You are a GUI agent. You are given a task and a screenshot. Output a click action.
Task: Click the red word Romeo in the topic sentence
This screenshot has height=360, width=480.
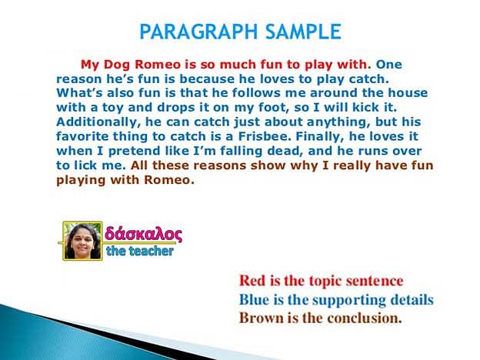(158, 65)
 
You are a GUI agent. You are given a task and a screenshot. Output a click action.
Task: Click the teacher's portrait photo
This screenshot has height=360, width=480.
(82, 241)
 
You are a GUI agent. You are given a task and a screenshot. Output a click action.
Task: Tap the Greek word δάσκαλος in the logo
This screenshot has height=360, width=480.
(143, 234)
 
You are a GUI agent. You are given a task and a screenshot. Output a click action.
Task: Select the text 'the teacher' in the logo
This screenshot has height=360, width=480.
(140, 251)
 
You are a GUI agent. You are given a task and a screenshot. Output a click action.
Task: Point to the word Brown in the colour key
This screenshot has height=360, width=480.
(261, 318)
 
